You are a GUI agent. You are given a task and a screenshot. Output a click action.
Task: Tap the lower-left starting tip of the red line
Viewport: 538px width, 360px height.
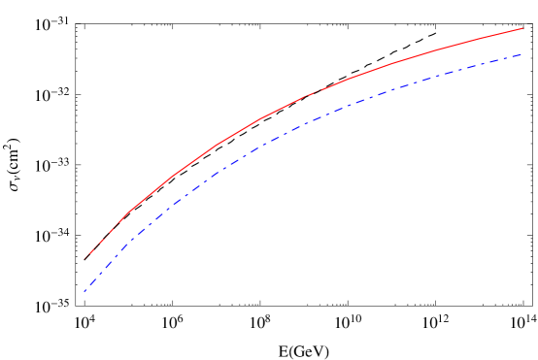[x=84, y=259]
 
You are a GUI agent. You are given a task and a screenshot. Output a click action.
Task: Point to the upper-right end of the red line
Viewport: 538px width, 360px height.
[x=523, y=28]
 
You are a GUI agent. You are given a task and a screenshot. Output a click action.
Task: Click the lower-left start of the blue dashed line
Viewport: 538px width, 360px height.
[x=84, y=291]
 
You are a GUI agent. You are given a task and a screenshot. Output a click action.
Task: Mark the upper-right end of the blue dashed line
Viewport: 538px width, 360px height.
[x=522, y=54]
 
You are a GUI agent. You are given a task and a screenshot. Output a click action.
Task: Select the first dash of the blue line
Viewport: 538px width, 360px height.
[x=87, y=287]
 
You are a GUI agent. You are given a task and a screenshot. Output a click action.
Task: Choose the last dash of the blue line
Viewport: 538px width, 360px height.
[x=517, y=55]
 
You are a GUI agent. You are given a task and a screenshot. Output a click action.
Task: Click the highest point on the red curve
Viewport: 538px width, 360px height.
[x=523, y=28]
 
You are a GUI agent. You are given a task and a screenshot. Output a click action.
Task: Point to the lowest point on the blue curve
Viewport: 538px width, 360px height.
[x=84, y=291]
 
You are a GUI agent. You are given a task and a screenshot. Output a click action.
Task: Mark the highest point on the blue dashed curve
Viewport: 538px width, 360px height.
[x=522, y=54]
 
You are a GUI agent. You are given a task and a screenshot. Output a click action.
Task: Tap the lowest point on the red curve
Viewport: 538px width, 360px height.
[x=84, y=259]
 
